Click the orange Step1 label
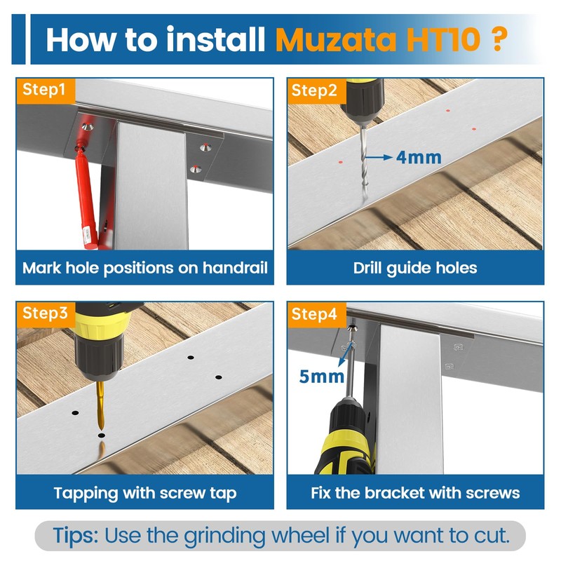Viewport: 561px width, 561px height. pos(44,90)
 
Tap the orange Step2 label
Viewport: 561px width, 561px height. pos(314,90)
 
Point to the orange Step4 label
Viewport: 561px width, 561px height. pos(315,314)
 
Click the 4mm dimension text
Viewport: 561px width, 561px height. pos(419,157)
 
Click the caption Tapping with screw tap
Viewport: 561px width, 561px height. pos(145,493)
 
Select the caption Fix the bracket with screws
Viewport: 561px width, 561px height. pos(415,493)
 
